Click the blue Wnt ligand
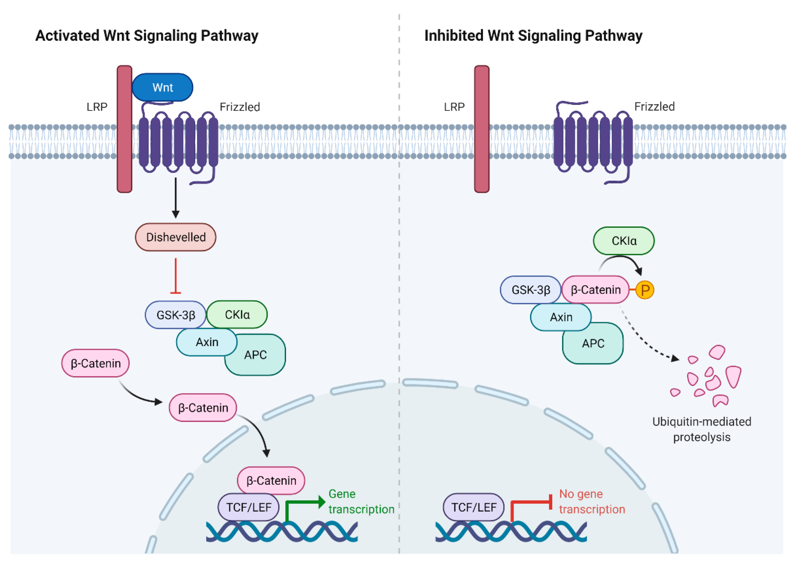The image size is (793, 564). pos(163,87)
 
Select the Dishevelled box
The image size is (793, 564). pos(176,237)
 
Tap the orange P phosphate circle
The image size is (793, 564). pos(645,290)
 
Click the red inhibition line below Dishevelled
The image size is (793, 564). pos(176,276)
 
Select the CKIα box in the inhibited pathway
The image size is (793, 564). pos(624,241)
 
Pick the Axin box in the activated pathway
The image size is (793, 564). pos(207,342)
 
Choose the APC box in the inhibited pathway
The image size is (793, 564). pos(593,343)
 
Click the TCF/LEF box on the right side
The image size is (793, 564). pos(474,507)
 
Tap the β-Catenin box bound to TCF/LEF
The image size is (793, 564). pos(271,481)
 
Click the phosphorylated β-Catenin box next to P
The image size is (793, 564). pos(595,290)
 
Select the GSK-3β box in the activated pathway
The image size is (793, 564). pos(176,315)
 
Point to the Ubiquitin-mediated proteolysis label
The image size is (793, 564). pos(702,429)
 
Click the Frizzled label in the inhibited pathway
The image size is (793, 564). pos(654,107)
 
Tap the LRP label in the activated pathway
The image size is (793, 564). pos(97,107)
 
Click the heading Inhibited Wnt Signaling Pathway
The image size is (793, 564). pos(533,36)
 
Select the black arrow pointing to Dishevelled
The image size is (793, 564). pos(176,198)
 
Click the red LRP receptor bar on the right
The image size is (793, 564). pos(482,129)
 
